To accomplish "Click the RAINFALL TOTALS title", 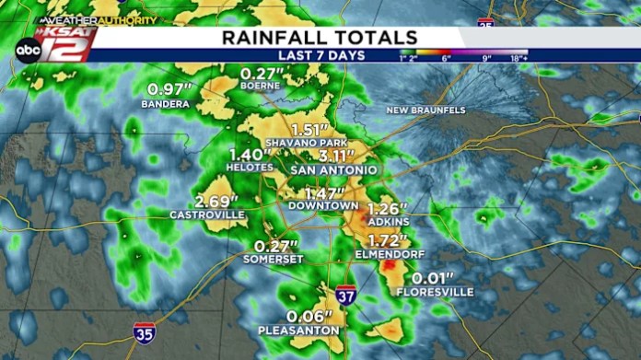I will coord(320,37).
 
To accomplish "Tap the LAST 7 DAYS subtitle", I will coord(320,55).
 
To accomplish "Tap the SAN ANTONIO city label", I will coord(332,170).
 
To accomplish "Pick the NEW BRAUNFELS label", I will coord(425,110).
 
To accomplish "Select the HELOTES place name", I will coord(249,168).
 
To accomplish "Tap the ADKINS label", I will coord(387,221).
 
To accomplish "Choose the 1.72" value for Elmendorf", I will coord(380,239).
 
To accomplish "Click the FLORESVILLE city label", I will coord(435,292).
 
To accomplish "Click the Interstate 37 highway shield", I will coord(345,295).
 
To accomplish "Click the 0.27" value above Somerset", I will coord(276,247).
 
